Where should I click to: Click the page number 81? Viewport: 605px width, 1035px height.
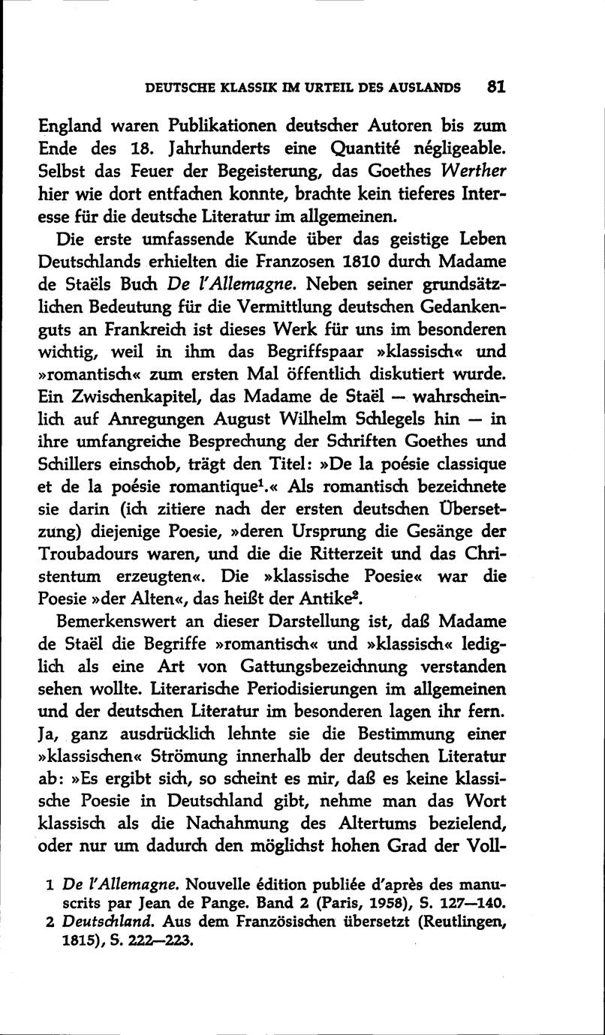tap(495, 85)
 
